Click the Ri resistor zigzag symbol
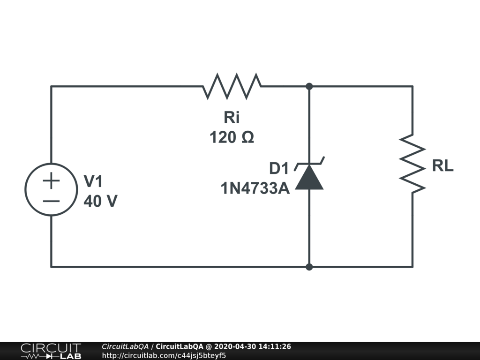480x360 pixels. coord(232,86)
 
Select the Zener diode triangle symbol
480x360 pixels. coord(309,179)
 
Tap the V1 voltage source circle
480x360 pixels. coord(51,189)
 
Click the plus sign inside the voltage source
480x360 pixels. coord(52,180)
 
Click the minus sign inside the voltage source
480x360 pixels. coord(52,201)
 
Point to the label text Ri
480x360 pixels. coord(232,117)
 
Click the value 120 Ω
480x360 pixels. coord(232,138)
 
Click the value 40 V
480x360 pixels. coord(100,201)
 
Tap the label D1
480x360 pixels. coord(279,168)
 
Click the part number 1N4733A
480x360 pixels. coord(255,188)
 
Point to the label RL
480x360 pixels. coord(442,166)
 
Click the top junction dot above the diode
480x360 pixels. coord(309,86)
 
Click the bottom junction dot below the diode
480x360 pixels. coord(309,267)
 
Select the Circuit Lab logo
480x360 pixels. coord(51,351)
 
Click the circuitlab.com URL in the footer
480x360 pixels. coord(164,355)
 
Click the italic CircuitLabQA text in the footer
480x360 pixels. coord(125,347)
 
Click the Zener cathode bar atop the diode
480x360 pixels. coord(309,165)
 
